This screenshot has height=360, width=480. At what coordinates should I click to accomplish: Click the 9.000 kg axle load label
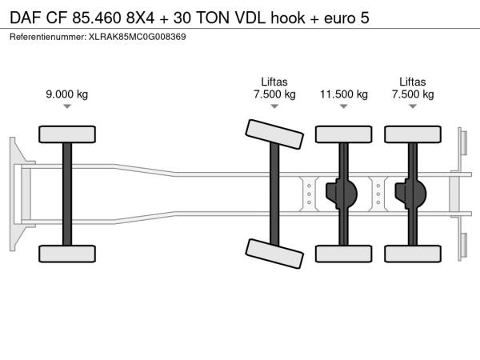click(x=67, y=94)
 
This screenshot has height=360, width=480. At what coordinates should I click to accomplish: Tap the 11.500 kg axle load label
click(x=344, y=94)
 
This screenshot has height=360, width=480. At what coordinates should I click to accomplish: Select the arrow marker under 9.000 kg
click(x=67, y=106)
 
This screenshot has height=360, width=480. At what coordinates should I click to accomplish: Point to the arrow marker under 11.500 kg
click(x=344, y=106)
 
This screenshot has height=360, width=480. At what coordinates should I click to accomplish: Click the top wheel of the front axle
click(x=67, y=134)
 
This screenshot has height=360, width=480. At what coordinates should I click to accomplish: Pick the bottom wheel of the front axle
click(x=67, y=254)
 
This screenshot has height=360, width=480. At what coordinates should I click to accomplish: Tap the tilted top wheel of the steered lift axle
click(x=274, y=134)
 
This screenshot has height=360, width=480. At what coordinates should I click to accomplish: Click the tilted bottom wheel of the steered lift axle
click(x=274, y=254)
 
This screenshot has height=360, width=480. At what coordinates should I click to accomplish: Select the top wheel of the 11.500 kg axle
click(x=344, y=134)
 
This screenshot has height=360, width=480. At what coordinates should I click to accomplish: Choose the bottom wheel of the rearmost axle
click(x=413, y=254)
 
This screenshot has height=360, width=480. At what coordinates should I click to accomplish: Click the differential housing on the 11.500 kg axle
click(x=341, y=194)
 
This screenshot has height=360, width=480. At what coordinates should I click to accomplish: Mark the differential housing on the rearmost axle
click(x=410, y=194)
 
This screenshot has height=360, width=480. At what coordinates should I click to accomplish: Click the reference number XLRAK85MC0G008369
click(x=137, y=37)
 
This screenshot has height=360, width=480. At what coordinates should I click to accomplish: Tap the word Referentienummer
click(x=48, y=37)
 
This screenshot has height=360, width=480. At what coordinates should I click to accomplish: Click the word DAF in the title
click(x=26, y=18)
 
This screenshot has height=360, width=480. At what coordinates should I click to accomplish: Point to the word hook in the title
click(x=288, y=18)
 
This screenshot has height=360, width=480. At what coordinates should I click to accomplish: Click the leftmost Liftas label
click(x=274, y=82)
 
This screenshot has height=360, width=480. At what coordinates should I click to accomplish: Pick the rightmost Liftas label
click(x=413, y=82)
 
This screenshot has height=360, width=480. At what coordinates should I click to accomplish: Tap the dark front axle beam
click(x=67, y=194)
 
